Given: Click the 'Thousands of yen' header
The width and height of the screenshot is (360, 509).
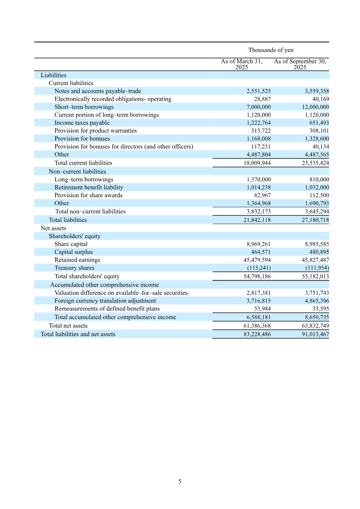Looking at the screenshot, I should tap(270, 50).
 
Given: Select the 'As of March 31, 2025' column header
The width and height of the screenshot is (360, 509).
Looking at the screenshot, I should tap(242, 64).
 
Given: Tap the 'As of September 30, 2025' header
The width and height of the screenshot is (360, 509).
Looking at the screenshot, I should tap(300, 64).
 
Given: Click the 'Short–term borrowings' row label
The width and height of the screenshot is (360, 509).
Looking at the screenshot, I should tap(84, 107).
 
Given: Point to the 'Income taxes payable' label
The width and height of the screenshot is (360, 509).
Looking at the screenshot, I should tap(82, 123).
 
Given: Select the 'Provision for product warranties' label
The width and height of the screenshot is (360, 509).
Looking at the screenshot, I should tap(95, 131).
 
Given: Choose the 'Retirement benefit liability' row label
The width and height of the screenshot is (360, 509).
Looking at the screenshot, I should tap(89, 187).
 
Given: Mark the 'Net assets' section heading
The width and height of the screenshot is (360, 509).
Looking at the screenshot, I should tap(54, 228).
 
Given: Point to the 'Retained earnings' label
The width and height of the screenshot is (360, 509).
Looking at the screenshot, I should tap(77, 260).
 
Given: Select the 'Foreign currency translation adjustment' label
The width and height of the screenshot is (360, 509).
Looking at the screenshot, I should tap(105, 301).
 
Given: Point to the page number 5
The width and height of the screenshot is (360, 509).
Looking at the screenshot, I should tap(180, 482).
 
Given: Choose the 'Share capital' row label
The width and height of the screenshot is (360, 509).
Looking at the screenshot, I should tap(71, 244).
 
